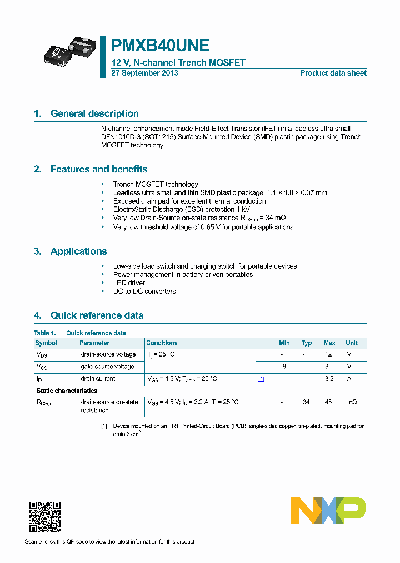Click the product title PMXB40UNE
coord(161,45)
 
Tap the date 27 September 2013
coord(144,73)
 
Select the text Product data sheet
coord(333,73)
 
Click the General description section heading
coord(94,113)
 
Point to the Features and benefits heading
coord(99,169)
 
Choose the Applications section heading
coord(78,251)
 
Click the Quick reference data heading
coord(97,315)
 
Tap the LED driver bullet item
coord(129,283)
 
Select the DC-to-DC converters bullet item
coord(144,291)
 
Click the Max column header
coord(329,343)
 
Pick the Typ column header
coord(307,343)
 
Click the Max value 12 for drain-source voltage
coord(328,354)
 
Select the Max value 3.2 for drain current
coord(329,378)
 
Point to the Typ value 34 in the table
coord(306,402)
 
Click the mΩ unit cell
coord(352,402)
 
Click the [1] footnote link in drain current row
coord(261,379)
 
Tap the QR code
coord(44,517)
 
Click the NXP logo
coord(328,511)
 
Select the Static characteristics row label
coord(67,391)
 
